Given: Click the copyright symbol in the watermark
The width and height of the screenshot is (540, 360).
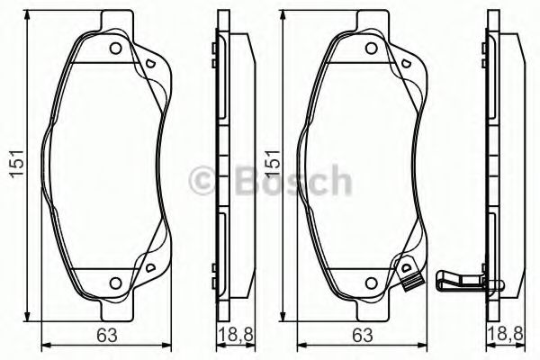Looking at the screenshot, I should (202, 180).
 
